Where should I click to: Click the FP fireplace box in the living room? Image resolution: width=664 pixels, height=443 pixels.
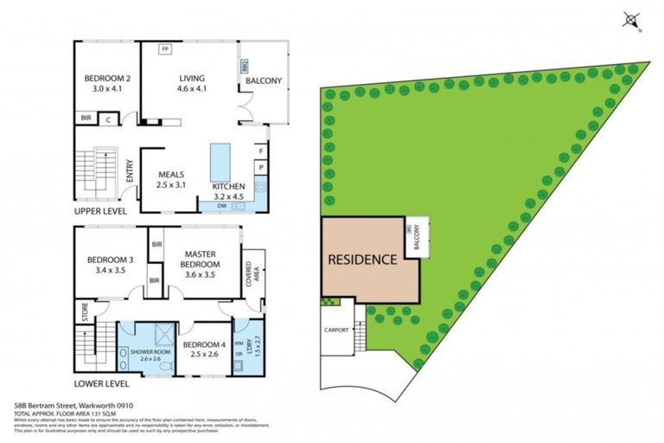click(x=164, y=50)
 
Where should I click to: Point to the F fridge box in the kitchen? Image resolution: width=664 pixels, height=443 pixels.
click(x=260, y=151)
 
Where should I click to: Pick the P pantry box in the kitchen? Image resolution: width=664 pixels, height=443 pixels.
click(x=260, y=167)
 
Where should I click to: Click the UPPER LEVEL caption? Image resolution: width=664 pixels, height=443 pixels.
click(x=99, y=211)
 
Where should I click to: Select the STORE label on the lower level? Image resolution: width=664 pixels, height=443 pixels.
click(x=85, y=311)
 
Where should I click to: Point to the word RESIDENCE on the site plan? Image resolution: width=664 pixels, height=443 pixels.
click(x=361, y=259)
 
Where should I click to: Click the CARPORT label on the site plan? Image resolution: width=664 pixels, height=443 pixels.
click(x=337, y=330)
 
